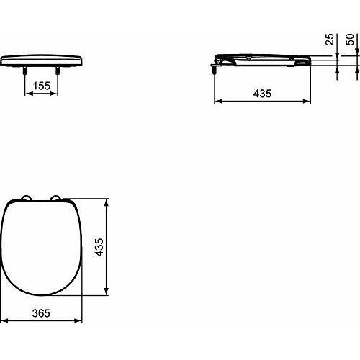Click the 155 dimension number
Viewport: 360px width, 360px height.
(x=42, y=85)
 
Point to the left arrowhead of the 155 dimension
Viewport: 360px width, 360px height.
(x=28, y=94)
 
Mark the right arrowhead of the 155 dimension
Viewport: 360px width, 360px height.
(x=56, y=94)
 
